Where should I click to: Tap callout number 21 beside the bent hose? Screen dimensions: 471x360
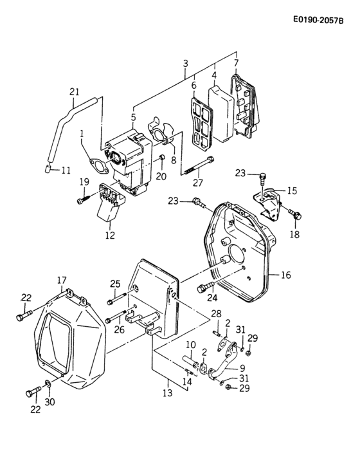74,92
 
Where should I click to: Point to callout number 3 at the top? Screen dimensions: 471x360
186,63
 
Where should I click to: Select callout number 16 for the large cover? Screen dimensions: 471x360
285,275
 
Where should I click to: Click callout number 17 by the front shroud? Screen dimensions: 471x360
62,280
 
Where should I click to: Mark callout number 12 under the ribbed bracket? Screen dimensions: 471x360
110,235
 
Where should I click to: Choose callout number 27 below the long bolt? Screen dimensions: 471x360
198,182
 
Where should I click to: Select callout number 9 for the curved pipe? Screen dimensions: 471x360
242,368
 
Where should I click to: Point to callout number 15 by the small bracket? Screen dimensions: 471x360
292,190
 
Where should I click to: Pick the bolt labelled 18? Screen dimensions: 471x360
294,212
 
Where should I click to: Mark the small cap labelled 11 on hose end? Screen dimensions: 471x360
50,170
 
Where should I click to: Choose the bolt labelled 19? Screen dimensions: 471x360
83,200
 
